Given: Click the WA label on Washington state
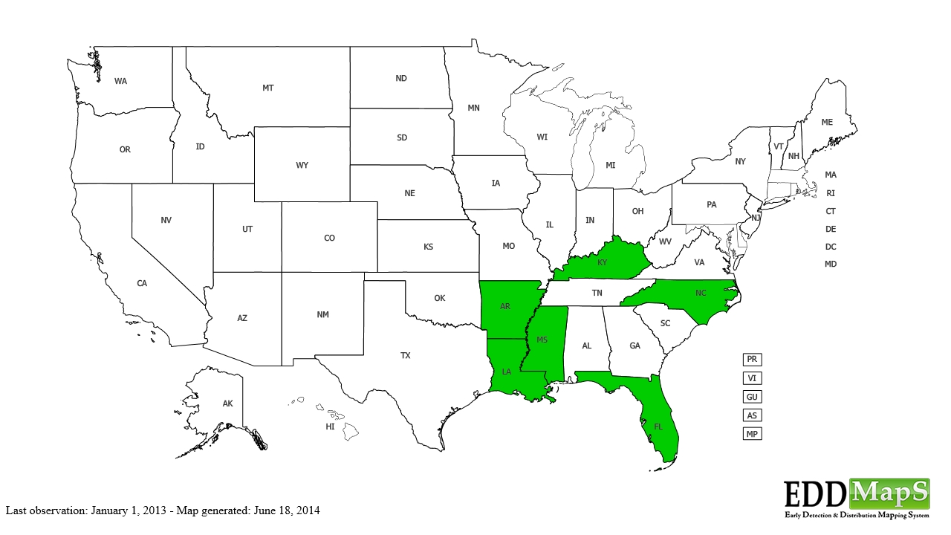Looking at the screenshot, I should click(120, 81).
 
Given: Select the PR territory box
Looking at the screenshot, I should click(752, 360).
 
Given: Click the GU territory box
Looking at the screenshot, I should click(752, 397).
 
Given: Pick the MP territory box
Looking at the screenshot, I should click(752, 434).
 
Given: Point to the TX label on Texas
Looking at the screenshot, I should click(406, 356).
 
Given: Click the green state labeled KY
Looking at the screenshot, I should click(603, 262).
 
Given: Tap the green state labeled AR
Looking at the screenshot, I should click(505, 306).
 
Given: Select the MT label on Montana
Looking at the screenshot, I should click(268, 88).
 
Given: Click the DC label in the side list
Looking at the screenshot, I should click(831, 247).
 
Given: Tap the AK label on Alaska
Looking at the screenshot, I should click(228, 403).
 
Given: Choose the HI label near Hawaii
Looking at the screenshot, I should click(330, 427).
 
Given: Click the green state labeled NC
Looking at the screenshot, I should click(701, 294).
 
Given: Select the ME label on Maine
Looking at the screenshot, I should click(827, 122).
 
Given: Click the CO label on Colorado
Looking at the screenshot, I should click(329, 239).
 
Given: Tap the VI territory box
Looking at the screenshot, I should click(752, 378).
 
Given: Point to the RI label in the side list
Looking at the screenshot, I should click(831, 193).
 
